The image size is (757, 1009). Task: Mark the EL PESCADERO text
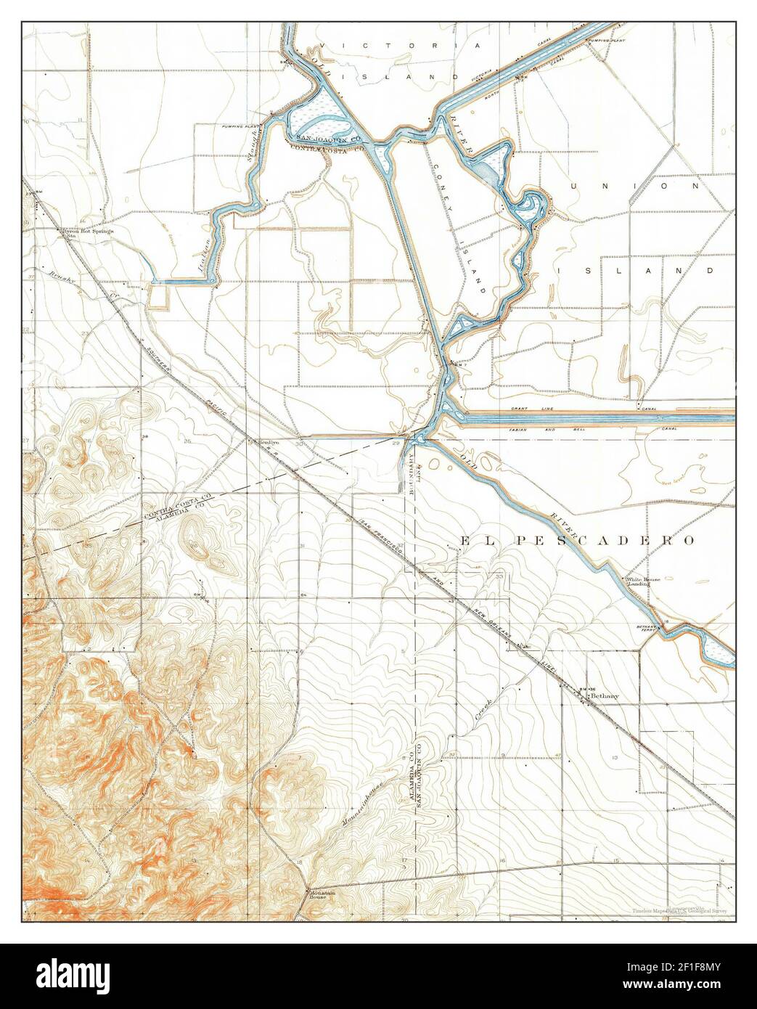[576, 541]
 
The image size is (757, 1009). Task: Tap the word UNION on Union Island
[637, 187]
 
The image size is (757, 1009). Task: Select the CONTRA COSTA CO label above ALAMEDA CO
[177, 507]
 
